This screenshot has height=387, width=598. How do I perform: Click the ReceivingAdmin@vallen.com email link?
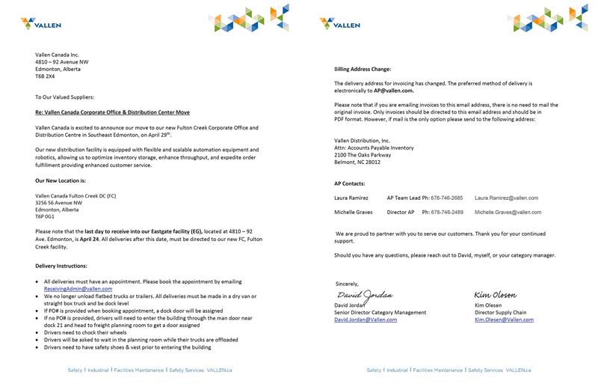(78, 288)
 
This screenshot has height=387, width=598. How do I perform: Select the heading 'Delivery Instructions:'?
(61, 266)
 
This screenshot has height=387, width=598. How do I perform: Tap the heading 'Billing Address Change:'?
(363, 69)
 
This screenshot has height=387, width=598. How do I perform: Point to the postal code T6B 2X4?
(45, 76)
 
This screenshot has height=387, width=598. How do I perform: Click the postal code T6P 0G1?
(45, 216)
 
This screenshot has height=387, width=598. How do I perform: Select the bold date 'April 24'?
(90, 239)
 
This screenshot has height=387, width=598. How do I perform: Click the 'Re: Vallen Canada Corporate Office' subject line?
(112, 112)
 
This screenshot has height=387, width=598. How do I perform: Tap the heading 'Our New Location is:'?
(61, 180)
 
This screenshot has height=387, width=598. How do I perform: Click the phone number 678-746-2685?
(447, 198)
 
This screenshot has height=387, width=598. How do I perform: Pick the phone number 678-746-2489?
(447, 212)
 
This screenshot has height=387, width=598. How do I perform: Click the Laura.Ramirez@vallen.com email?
(506, 198)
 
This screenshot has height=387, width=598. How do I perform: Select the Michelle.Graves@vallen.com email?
(508, 212)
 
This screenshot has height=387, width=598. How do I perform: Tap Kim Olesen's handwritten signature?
(496, 295)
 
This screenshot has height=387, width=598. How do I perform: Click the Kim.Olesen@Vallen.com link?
(504, 320)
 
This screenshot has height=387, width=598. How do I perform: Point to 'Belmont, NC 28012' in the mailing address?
(357, 162)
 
